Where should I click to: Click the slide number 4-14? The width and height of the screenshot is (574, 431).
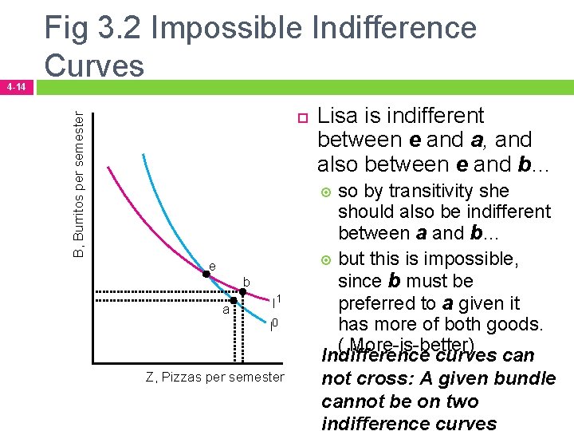tap(16, 85)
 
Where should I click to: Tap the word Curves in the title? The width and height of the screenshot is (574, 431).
tap(94, 65)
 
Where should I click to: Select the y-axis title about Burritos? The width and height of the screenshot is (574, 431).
tap(78, 184)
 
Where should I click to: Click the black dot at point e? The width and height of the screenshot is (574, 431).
tap(206, 275)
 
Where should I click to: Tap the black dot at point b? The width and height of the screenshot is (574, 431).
tap(242, 292)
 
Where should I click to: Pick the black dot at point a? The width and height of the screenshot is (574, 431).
tap(234, 302)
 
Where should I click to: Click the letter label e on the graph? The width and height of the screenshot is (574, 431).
tap(212, 266)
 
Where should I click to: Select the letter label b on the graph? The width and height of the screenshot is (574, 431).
tap(247, 283)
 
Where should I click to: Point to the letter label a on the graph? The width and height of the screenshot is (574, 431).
tap(226, 309)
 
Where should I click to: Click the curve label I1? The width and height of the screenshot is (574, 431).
tap(277, 302)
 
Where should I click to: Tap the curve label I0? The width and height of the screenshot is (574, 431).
tap(273, 324)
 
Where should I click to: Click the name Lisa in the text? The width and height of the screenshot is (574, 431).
tap(341, 116)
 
